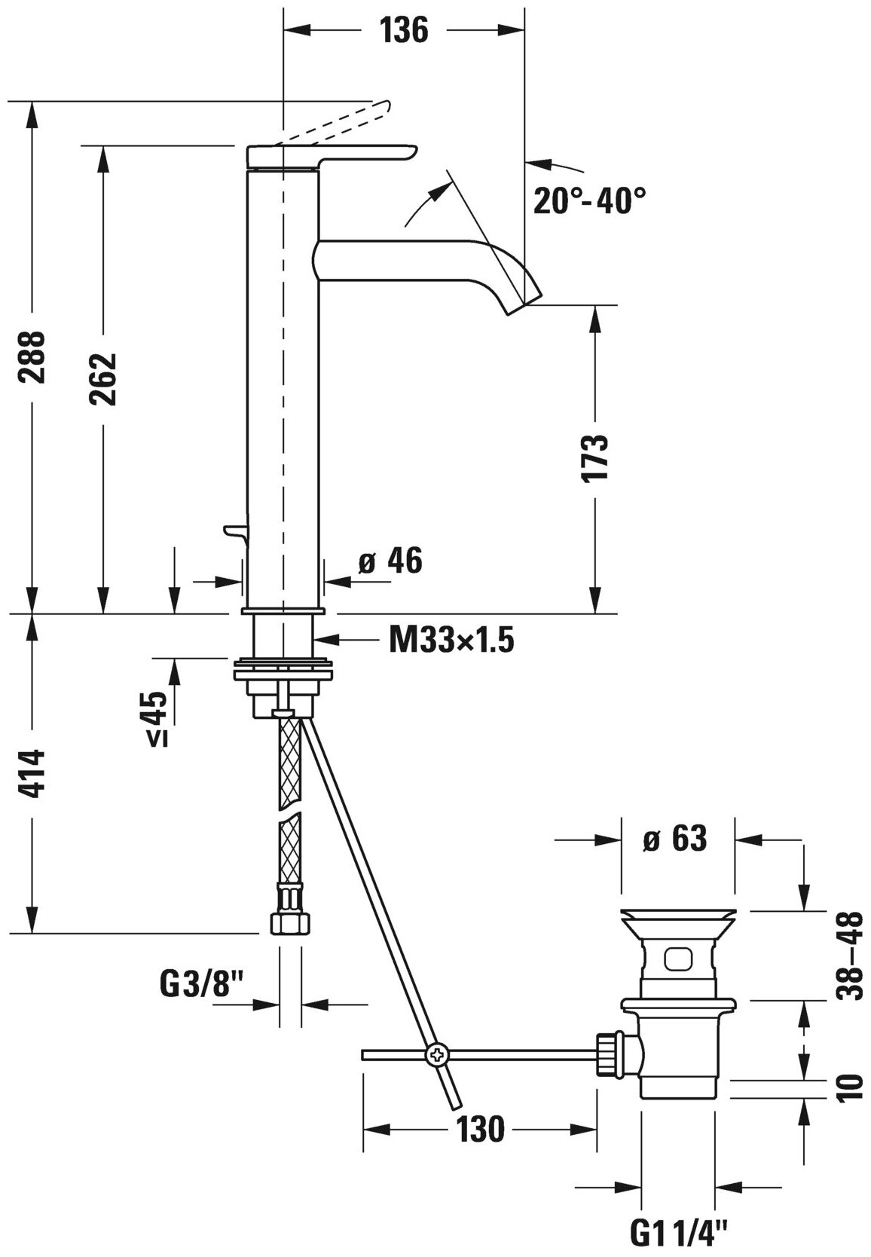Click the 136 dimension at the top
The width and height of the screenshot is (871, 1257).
403,31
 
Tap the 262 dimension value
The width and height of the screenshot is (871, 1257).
102,379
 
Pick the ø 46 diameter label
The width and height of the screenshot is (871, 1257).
390,561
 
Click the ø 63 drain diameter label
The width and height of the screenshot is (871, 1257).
675,839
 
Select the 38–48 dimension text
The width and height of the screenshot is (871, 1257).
852,956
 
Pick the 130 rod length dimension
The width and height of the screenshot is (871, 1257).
481,1130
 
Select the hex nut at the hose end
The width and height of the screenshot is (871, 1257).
289,922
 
